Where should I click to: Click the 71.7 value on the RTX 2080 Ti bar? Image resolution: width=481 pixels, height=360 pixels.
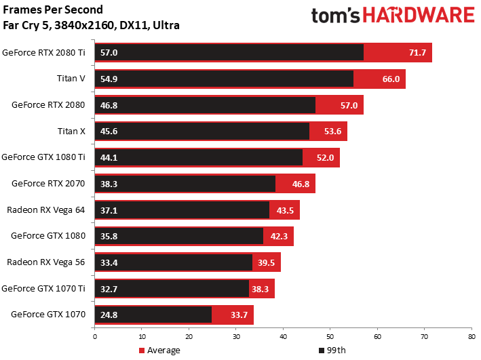(x=417, y=53)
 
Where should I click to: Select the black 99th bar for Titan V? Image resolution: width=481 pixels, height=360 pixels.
(x=224, y=79)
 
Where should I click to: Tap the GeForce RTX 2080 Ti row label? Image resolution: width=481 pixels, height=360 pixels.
(x=43, y=53)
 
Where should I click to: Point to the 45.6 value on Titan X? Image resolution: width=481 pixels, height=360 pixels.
(x=109, y=132)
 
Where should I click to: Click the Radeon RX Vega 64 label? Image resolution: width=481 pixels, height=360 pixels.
(x=45, y=210)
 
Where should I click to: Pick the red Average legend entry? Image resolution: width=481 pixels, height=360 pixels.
(x=159, y=351)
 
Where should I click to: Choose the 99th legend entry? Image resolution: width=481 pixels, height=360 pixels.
(x=332, y=351)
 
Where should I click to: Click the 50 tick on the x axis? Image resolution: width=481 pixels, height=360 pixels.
(x=330, y=337)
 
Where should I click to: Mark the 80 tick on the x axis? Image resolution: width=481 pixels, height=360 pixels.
(x=472, y=337)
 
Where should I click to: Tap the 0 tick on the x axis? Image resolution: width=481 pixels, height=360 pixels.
(x=95, y=337)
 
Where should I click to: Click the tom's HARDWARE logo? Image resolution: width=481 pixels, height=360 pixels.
(x=393, y=16)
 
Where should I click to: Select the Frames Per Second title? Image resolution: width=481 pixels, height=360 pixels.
(x=53, y=9)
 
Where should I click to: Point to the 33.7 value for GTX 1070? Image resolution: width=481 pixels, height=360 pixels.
(x=239, y=315)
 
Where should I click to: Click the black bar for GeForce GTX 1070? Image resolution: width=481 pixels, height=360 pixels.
(x=153, y=315)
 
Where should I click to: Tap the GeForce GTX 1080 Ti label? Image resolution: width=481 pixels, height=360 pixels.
(x=43, y=157)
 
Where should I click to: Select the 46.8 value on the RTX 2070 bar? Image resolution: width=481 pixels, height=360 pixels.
(x=301, y=184)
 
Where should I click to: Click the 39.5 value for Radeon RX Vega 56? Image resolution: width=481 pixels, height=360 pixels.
(x=266, y=263)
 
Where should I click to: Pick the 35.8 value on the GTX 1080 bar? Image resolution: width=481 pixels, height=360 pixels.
(x=109, y=237)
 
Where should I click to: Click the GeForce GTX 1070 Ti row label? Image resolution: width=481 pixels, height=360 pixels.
(x=43, y=289)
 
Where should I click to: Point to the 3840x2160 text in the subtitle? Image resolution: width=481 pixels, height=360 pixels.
(x=84, y=25)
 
